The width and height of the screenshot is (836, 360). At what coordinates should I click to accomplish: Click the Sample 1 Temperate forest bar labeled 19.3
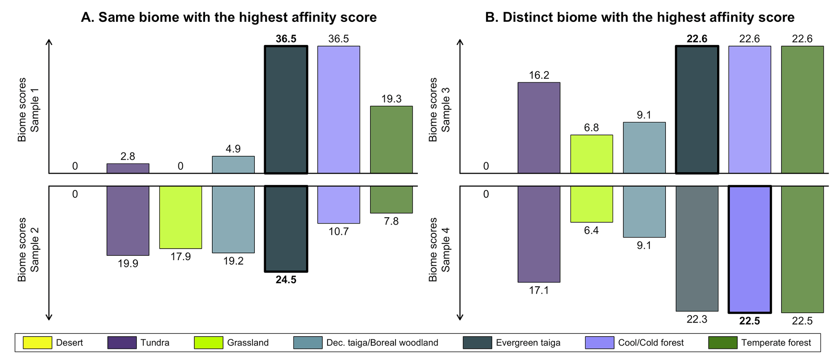(391, 140)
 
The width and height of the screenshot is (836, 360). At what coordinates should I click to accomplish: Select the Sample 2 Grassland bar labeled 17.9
(180, 217)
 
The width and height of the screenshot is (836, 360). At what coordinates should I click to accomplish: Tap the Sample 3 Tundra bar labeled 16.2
(539, 128)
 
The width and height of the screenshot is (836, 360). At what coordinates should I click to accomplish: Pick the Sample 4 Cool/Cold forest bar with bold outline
(749, 249)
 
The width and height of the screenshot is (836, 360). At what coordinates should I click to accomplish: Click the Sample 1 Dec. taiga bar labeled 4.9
(233, 165)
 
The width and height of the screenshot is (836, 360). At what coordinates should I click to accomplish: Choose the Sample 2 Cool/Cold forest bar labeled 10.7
(339, 205)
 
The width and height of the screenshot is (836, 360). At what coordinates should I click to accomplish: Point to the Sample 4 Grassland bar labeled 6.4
(591, 204)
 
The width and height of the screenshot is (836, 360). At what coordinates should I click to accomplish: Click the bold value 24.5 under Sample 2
(286, 280)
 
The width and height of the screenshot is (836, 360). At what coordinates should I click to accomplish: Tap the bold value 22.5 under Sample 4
(749, 321)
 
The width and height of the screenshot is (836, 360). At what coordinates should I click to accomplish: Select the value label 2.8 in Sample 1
(128, 157)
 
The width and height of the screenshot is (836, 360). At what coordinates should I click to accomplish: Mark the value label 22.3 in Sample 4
(697, 320)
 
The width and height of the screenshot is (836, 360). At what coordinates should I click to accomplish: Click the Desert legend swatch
(38, 343)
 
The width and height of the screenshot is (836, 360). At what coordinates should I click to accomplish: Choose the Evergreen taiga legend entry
(528, 343)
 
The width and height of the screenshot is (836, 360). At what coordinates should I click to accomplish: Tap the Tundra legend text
(155, 343)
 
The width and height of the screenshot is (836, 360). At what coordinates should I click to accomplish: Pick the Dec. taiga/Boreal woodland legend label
(382, 343)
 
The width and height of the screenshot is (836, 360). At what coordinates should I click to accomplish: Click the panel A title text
(229, 17)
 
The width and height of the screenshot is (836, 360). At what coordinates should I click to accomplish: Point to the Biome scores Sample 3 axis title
(439, 109)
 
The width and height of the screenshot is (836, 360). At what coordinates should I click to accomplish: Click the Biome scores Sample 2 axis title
(28, 249)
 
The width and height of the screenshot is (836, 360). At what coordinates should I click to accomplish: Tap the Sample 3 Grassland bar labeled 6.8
(591, 154)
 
